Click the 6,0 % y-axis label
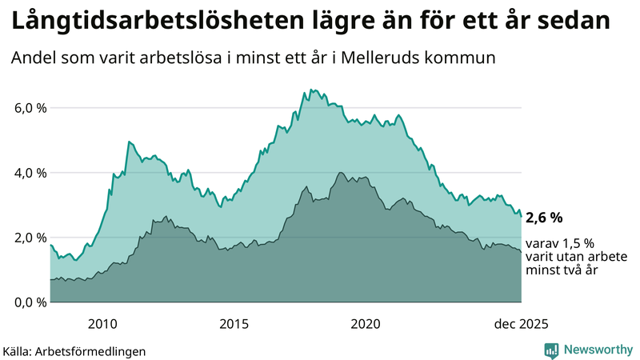pos(30,108)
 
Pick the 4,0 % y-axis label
pos(30,173)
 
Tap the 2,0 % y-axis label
pos(30,238)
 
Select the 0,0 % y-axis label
pos(30,302)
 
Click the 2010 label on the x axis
pos(103,324)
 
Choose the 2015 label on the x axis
pos(234,324)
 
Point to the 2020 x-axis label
pos(366,324)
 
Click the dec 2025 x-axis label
pos(521,324)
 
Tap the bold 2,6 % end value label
pos(545,218)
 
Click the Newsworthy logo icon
pos(551,350)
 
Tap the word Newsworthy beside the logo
pos(597,350)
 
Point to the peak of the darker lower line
pos(341,173)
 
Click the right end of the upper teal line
pos(522,217)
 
